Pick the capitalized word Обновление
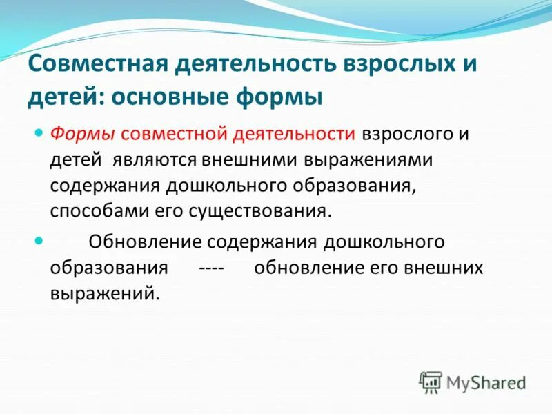pyautogui.click(x=144, y=242)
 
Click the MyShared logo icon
pyautogui.click(x=431, y=382)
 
